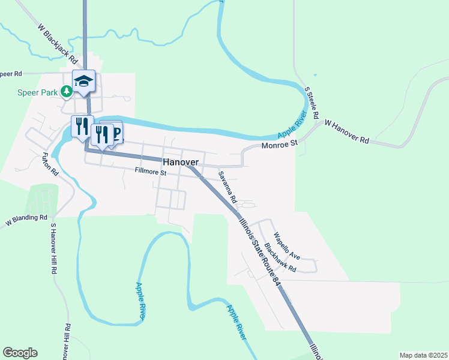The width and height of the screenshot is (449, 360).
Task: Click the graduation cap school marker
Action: pyautogui.click(x=83, y=80)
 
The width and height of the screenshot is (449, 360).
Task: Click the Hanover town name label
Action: pyautogui.click(x=180, y=162)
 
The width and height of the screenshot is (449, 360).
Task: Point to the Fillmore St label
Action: pyautogui.click(x=150, y=173)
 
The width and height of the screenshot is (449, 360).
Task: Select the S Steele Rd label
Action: pyautogui.click(x=312, y=102)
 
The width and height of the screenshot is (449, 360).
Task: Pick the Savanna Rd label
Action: pyautogui.click(x=228, y=187)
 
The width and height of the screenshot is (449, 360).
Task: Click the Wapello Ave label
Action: pyautogui.click(x=286, y=245)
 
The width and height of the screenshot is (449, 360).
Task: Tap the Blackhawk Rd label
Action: pyautogui.click(x=280, y=257)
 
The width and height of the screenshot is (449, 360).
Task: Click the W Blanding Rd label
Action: pyautogui.click(x=26, y=219)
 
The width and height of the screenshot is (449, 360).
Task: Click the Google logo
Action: pyautogui.click(x=20, y=353)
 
